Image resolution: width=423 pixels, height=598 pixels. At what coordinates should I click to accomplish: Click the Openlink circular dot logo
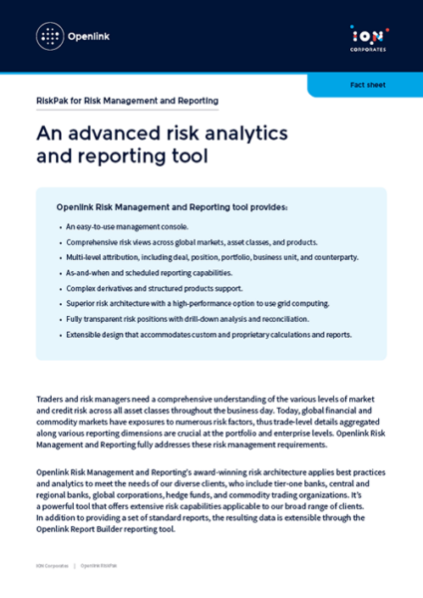pos(48,37)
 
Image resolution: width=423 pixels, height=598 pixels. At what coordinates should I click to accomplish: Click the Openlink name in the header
pos(89,37)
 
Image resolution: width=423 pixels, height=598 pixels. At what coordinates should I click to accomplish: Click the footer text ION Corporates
pos(49,566)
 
